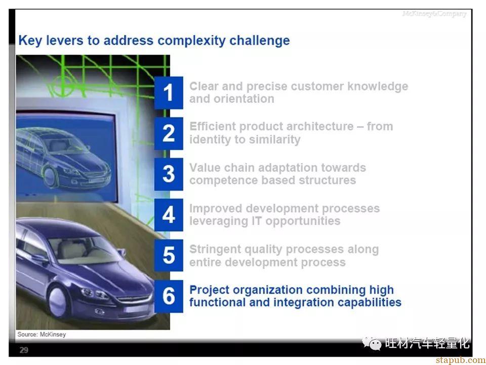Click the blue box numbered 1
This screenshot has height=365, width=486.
coord(169,92)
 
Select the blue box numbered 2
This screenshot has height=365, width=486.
coord(169,133)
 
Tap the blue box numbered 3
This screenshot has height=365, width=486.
coord(169,174)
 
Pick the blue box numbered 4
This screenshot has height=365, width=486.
coord(169,215)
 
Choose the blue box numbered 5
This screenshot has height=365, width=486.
coord(169,255)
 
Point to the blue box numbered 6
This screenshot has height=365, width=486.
coord(169,296)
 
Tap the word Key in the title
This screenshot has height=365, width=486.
coord(30,41)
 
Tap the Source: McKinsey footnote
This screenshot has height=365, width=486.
coord(42,334)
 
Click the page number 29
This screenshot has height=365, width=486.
coord(24,350)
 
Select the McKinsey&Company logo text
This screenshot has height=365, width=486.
coord(434,14)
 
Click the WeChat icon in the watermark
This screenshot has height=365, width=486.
coord(372,343)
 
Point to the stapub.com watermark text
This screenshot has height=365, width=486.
coord(460,360)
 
